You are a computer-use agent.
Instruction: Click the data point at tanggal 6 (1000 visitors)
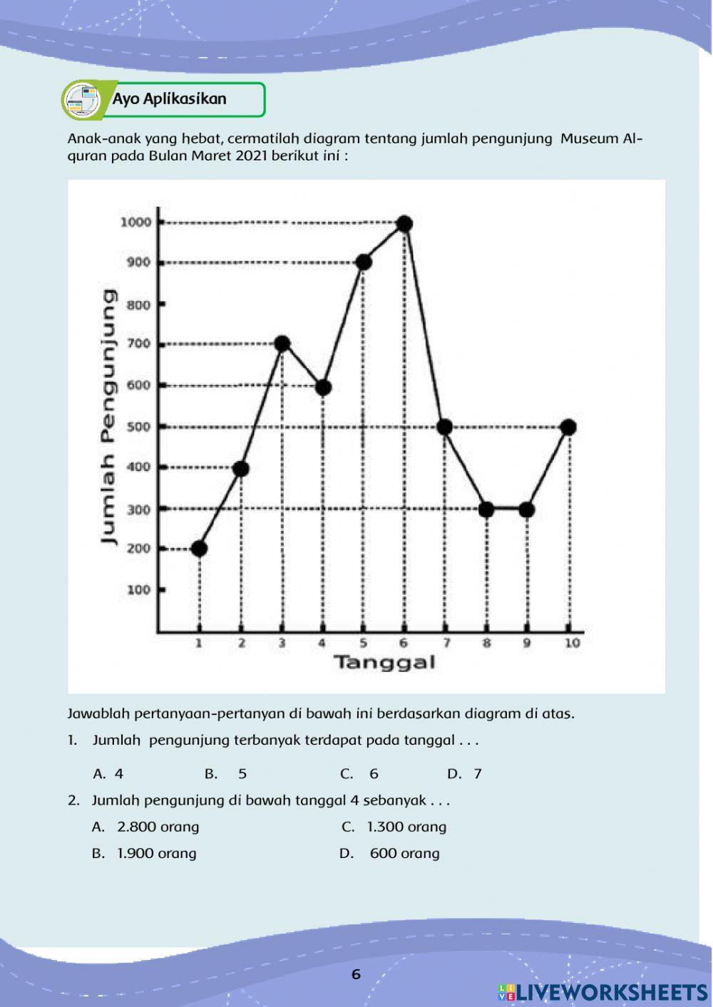click(404, 224)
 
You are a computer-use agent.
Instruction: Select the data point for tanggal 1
click(200, 548)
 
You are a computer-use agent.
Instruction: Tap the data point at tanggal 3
click(282, 344)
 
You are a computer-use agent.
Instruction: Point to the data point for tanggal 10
click(568, 427)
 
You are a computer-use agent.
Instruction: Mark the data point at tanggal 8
click(486, 510)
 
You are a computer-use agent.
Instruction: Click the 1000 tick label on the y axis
click(135, 222)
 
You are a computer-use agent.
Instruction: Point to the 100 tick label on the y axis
click(138, 590)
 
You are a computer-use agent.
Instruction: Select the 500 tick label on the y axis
click(138, 427)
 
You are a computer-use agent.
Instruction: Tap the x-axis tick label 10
click(572, 643)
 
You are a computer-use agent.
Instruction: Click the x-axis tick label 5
click(364, 643)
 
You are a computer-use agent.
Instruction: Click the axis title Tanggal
click(384, 663)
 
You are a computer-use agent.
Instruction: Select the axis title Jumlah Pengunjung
click(108, 417)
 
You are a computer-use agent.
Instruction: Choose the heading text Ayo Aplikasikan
click(169, 99)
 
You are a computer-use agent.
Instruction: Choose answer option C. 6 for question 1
click(360, 774)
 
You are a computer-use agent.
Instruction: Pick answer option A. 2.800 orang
click(146, 827)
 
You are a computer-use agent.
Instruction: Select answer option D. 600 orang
click(390, 853)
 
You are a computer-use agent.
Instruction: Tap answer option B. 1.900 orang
click(145, 853)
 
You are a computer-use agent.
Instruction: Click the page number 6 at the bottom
click(356, 974)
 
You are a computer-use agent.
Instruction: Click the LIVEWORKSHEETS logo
click(602, 991)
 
